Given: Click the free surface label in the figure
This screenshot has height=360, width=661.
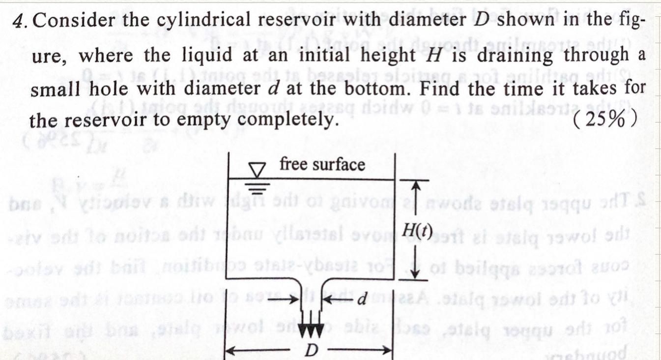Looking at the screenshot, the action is point(322,165).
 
